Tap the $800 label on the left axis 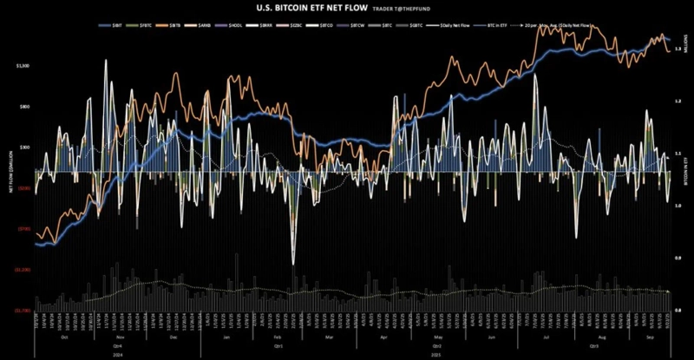[x=25, y=107]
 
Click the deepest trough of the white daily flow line [x=294, y=263]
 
